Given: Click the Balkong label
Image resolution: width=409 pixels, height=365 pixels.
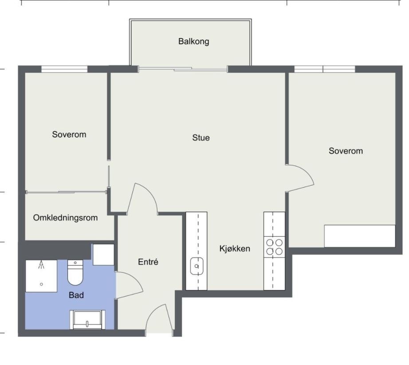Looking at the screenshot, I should coord(193,42).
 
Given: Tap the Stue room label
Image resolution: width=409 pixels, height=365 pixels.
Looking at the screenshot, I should coord(201,137).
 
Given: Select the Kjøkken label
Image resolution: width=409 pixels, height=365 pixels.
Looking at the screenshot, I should coord(235,248).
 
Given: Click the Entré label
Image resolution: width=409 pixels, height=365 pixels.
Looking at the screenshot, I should coord(148,262).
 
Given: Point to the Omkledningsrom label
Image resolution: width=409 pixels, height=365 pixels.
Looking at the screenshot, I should coord(65,218).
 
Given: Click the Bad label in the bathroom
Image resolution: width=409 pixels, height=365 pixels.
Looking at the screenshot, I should coord(76,294).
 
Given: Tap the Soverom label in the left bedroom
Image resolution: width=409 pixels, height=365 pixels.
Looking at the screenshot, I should coord(69,134).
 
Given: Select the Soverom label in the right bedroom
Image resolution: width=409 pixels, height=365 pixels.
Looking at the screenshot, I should coord(346,151).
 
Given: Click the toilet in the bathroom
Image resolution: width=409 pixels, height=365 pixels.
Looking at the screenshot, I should coord(75,273).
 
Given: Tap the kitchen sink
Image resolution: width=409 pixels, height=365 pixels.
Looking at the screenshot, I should coord(196,267).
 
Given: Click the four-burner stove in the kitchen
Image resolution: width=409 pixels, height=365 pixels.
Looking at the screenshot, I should coord(274,247).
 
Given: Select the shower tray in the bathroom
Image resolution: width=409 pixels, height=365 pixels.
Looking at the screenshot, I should coord(41,276).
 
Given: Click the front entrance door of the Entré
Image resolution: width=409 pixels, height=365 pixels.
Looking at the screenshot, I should coord(158,319).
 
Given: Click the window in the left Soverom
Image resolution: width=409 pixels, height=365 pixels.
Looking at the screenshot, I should coord(64,69).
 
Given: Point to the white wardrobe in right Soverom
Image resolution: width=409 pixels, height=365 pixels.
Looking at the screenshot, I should coord(359,236).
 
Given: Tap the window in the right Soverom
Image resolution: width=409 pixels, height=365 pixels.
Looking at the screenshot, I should coord(325,69).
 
